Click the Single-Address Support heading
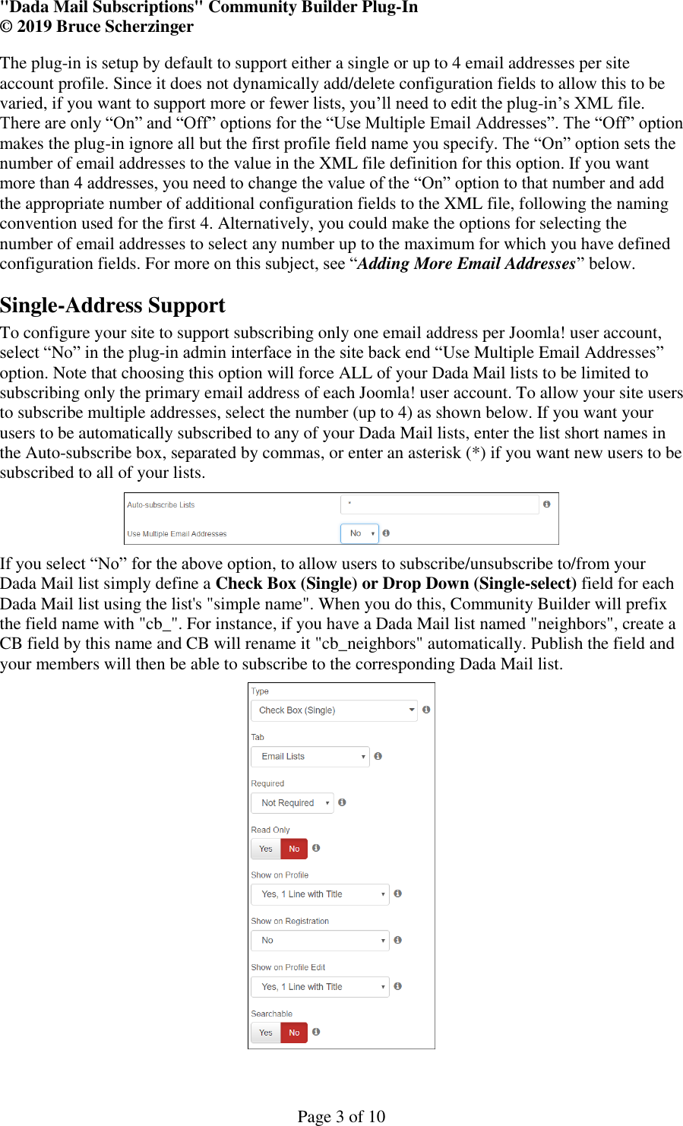[x=112, y=305]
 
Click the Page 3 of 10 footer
[x=341, y=1115]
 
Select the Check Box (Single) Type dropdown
[x=334, y=710]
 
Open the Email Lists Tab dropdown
[x=309, y=757]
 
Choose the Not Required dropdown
[x=292, y=803]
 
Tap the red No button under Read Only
[x=294, y=849]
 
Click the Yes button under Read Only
[x=266, y=849]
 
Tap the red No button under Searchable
[x=294, y=1033]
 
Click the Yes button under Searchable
[x=266, y=1033]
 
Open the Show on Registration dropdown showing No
[x=319, y=941]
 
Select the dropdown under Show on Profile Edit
[x=319, y=987]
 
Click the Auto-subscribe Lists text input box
[x=439, y=504]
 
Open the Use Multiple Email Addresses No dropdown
[x=359, y=533]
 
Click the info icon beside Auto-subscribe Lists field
[x=546, y=504]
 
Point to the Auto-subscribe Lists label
[x=161, y=505]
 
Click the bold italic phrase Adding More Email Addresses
[x=466, y=264]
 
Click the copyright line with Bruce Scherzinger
[x=97, y=27]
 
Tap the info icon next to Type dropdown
[x=426, y=710]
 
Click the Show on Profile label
[x=280, y=875]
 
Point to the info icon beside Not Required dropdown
[x=342, y=802]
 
